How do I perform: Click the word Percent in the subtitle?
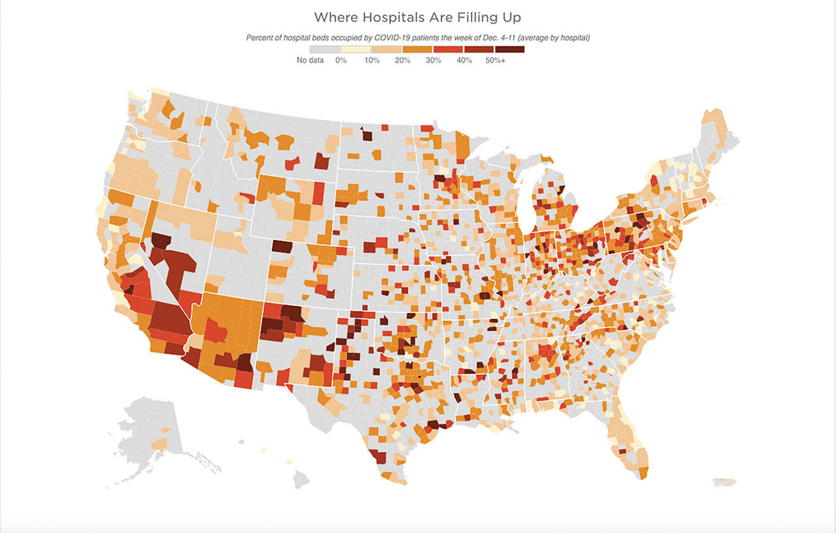coord(259,38)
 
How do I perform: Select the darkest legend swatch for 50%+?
coord(509,50)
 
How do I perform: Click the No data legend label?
coord(310,61)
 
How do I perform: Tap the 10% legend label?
coord(372,61)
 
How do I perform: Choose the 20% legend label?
coord(402,61)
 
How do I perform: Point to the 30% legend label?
coord(433,61)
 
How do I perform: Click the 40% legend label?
coord(464,61)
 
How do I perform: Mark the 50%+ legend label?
coord(495,61)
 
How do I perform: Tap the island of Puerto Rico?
coord(726,482)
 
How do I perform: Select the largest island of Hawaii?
coord(300,480)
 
